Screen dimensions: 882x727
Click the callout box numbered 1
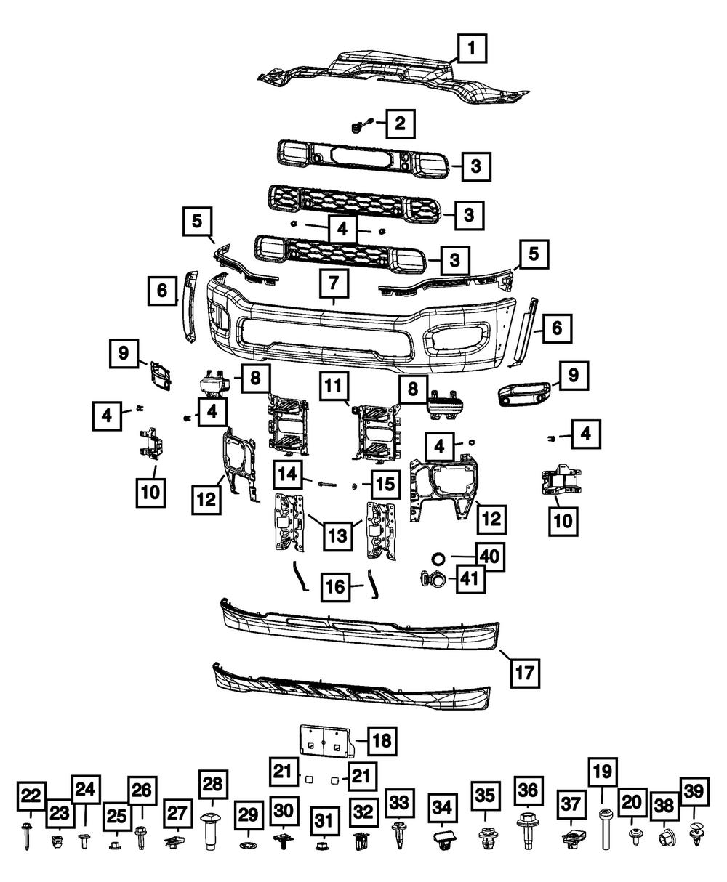tap(472, 49)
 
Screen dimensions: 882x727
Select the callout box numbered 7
tap(334, 283)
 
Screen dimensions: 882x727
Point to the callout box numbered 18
tap(382, 740)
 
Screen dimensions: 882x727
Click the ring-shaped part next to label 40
tap(438, 558)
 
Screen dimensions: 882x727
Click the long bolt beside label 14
tap(326, 482)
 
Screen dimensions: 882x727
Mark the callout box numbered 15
tap(386, 483)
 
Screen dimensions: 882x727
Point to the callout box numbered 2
tap(400, 123)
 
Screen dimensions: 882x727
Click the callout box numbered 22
tap(31, 797)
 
